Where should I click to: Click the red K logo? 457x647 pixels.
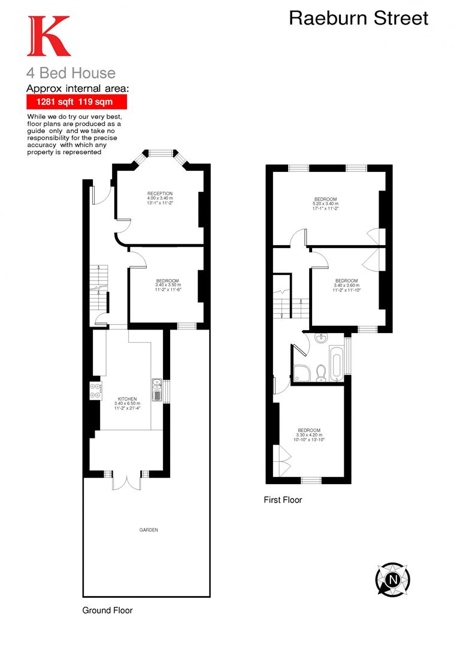(x=48, y=37)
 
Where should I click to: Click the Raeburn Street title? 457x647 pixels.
(x=358, y=18)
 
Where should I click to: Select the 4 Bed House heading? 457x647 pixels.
(x=70, y=73)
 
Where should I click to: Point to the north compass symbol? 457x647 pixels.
(x=393, y=579)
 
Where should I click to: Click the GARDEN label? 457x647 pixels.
(x=149, y=530)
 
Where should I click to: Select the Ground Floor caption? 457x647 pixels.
(x=107, y=610)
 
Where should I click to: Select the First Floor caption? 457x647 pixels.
(x=283, y=500)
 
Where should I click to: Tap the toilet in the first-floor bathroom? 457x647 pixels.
(x=320, y=373)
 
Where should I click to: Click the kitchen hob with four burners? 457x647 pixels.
(x=95, y=391)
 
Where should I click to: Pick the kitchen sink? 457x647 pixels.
(x=157, y=390)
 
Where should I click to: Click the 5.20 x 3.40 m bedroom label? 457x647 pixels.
(x=325, y=204)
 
